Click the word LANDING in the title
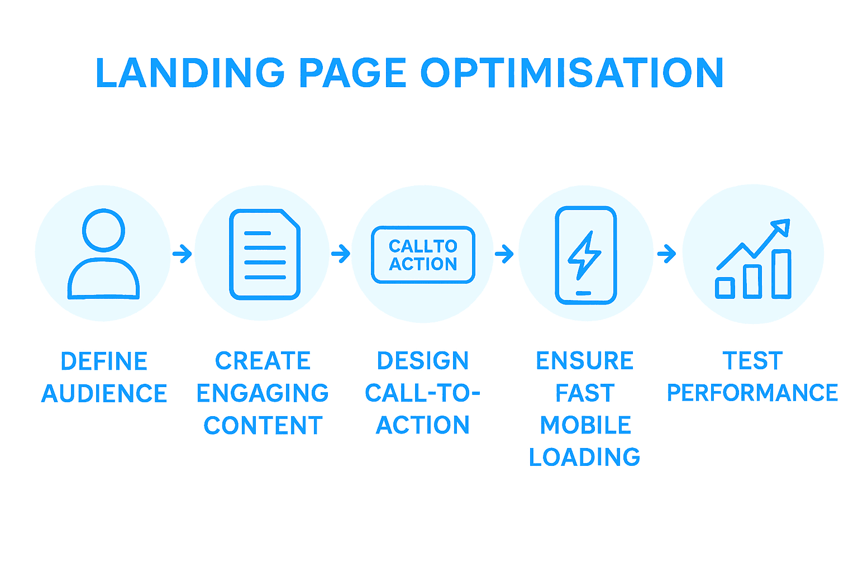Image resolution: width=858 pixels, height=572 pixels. click(x=190, y=73)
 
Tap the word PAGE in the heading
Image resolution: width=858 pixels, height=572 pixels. click(x=352, y=73)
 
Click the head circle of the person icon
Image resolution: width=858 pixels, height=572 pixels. click(x=103, y=230)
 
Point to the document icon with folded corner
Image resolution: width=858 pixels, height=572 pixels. click(x=265, y=254)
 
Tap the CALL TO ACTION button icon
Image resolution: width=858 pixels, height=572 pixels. click(x=423, y=255)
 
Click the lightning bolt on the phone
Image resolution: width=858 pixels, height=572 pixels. click(x=584, y=255)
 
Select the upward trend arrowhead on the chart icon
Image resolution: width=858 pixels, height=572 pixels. click(x=781, y=226)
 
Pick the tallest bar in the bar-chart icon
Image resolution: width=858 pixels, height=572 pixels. click(x=781, y=274)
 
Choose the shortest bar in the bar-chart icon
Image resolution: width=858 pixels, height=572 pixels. click(x=725, y=287)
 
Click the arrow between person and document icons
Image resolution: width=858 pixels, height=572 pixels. click(x=182, y=254)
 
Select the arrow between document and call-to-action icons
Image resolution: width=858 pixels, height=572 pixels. click(x=341, y=254)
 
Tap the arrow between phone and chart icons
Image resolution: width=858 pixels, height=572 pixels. click(x=666, y=254)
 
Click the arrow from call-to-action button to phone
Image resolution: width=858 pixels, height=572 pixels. click(x=504, y=254)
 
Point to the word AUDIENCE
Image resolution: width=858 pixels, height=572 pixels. click(x=104, y=394)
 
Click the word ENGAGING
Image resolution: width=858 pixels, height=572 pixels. click(x=263, y=393)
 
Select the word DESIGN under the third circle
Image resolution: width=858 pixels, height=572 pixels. click(x=423, y=361)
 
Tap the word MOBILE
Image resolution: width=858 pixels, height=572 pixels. click(x=585, y=425)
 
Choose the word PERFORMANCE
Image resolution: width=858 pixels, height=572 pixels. click(x=752, y=393)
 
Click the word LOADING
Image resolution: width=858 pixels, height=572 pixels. click(x=584, y=457)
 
